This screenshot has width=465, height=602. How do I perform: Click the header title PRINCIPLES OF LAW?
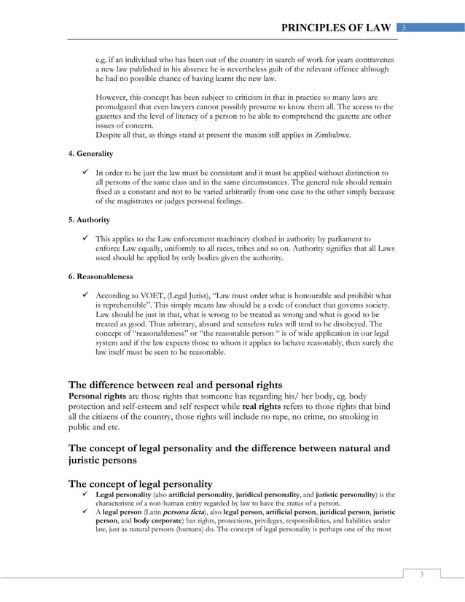coord(337,28)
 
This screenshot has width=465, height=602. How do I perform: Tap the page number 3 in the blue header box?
coord(405,28)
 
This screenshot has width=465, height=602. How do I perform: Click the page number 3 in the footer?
coord(421,575)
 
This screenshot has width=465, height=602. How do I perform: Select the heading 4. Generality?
coord(92,154)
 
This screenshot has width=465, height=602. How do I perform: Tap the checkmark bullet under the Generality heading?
coord(85,172)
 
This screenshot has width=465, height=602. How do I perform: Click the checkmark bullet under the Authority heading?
coord(85,238)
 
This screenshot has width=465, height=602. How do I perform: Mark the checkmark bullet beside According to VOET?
coord(85,294)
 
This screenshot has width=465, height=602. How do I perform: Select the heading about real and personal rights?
coord(175,384)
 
